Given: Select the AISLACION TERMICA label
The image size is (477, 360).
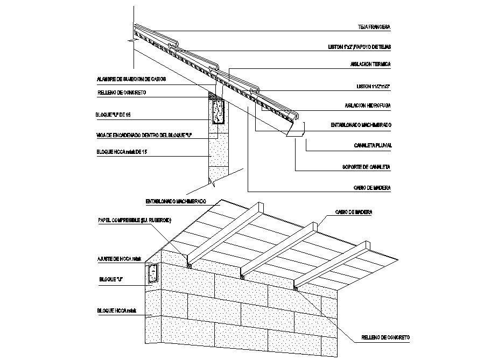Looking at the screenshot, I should (370, 64).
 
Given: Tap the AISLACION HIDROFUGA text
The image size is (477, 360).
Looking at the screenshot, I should (368, 105).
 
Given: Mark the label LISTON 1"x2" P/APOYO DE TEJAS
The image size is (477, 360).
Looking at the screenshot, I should (359, 47).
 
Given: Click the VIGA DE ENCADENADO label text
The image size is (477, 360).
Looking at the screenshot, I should (144, 134).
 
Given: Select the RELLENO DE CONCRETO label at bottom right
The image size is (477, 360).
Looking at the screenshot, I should (386, 337).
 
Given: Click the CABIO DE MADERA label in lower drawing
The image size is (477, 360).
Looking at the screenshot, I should (353, 213).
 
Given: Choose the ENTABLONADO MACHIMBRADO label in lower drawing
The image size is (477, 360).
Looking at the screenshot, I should (176, 201).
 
